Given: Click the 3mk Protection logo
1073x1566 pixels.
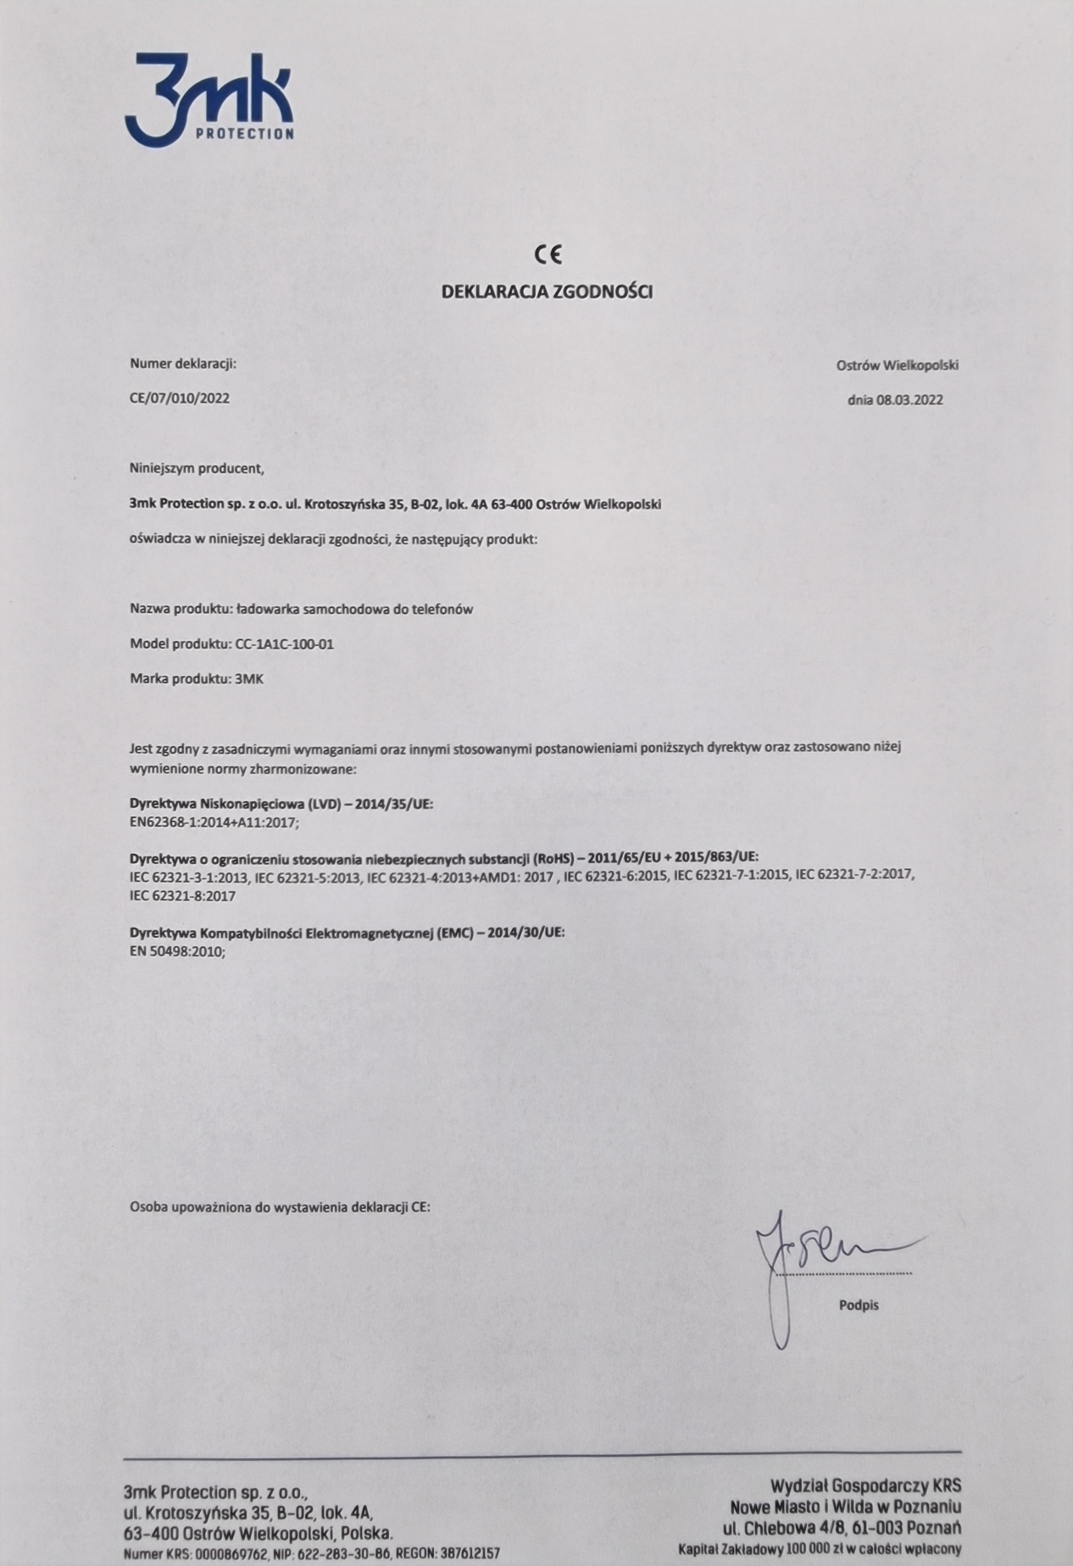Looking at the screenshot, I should click(x=209, y=99).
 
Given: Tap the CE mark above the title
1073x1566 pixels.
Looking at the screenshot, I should click(x=548, y=254).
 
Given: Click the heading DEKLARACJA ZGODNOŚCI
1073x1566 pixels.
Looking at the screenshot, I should click(x=547, y=293).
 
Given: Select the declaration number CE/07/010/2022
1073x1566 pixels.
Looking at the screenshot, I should click(x=180, y=398).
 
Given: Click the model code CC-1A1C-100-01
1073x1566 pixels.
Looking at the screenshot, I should click(x=282, y=644).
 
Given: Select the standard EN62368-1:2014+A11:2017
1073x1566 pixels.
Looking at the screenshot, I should click(x=214, y=822).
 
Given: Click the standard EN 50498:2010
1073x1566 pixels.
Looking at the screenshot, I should click(x=177, y=952).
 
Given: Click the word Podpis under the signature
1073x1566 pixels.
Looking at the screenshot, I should click(x=859, y=1306).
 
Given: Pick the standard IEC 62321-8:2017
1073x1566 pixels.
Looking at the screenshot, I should click(x=182, y=895).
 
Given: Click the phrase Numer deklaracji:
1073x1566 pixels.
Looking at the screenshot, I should click(x=183, y=364).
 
